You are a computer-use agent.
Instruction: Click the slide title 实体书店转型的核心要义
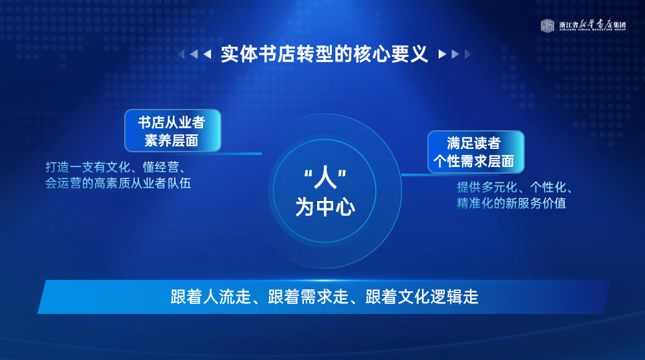coord(324,54)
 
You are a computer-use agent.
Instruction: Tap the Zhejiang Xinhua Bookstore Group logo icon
coord(547,25)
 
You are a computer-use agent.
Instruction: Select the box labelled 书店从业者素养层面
coord(173,131)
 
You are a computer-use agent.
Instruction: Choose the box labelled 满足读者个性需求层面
coord(476,152)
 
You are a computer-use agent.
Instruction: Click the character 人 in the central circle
coord(325,177)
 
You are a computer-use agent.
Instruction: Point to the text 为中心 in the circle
coord(325,206)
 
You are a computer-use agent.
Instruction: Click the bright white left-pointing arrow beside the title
coord(207,54)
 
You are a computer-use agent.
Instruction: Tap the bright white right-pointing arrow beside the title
coord(442,54)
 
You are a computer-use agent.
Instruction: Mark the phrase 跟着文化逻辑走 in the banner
coord(421,297)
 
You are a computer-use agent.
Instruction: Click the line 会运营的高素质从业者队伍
coord(118,183)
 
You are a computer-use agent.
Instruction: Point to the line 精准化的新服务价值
coord(511,203)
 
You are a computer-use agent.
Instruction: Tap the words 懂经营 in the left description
coord(161,167)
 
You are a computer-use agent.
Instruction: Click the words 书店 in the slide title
coord(277,54)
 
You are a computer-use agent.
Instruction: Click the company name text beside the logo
coord(592,25)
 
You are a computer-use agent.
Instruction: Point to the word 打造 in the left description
coord(57,167)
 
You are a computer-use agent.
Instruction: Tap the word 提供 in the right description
coord(469,187)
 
